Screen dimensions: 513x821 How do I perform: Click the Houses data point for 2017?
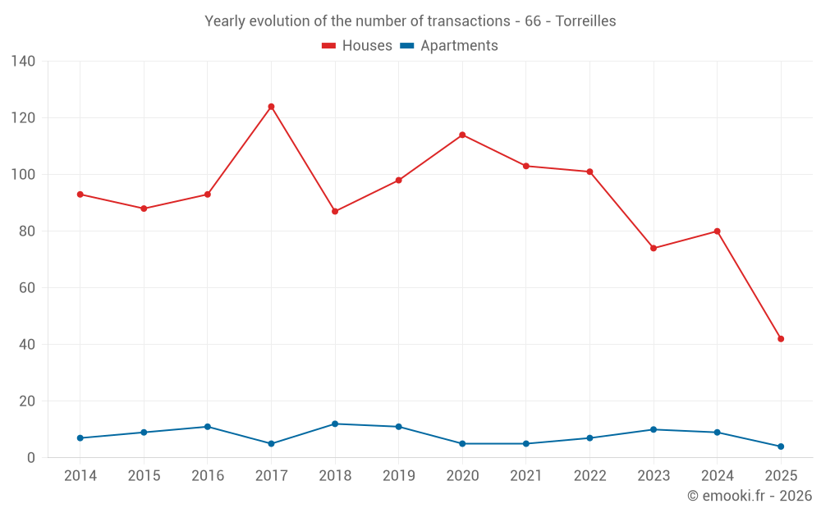[271, 107]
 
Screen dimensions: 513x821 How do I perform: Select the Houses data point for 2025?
[781, 339]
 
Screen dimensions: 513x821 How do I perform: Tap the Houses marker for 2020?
[462, 135]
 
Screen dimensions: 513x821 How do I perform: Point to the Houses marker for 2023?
[654, 248]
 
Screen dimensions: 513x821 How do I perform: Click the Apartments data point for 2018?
[335, 424]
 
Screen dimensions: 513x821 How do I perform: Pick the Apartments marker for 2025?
[781, 447]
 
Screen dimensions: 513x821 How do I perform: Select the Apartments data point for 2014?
[80, 438]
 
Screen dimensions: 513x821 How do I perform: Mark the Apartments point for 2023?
[654, 429]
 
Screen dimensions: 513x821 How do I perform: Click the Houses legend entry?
[357, 46]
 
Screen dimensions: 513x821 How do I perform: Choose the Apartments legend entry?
[449, 46]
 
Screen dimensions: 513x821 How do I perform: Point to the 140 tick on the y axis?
[24, 62]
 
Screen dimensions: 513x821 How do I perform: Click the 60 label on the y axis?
[27, 288]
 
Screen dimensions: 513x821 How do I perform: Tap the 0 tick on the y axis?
[31, 458]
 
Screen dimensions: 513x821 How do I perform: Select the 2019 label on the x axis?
[399, 476]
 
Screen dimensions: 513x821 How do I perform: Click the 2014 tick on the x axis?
[80, 476]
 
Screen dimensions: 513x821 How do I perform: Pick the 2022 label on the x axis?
[589, 476]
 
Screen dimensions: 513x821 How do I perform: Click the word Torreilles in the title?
[585, 21]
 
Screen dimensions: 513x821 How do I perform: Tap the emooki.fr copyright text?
[750, 496]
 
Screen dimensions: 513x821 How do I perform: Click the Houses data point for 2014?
[80, 195]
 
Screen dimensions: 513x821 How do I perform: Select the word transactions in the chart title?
[469, 21]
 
